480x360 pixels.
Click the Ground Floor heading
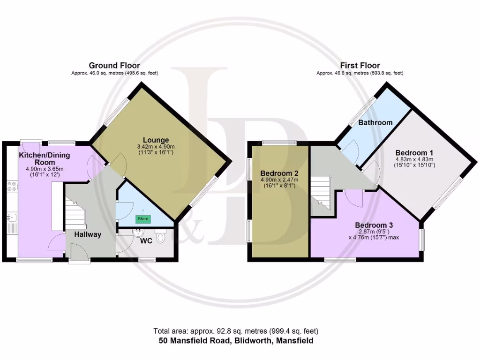(x=114, y=66)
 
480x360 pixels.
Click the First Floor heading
(x=360, y=66)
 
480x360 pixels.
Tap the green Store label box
(x=142, y=218)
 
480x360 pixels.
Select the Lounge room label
(x=156, y=140)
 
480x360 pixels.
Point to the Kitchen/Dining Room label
(x=45, y=158)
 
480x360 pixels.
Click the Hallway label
(x=87, y=234)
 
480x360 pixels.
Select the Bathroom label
(x=375, y=122)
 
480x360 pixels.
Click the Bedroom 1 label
(x=414, y=153)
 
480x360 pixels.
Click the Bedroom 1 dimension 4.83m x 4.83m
(x=414, y=159)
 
